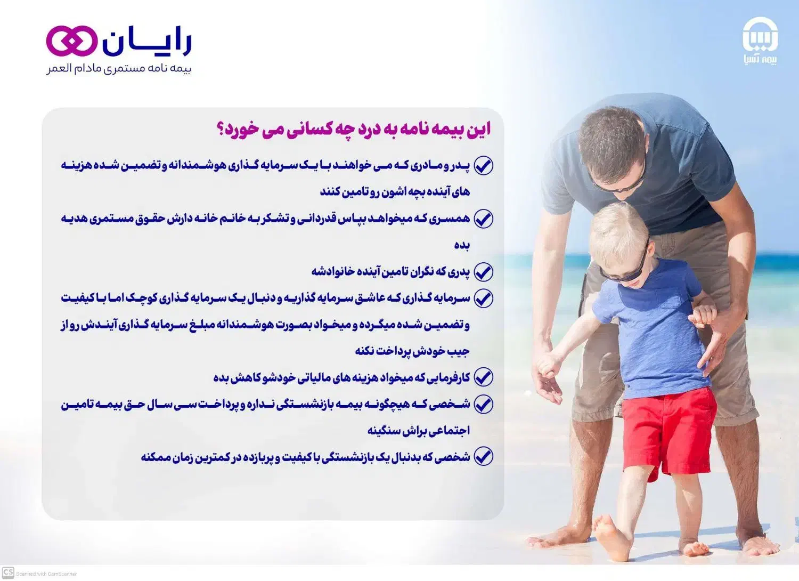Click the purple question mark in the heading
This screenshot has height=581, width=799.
(220, 130)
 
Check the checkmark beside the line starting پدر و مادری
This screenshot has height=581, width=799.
(483, 166)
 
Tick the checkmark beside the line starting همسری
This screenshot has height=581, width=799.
(483, 219)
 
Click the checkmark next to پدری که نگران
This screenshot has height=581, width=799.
(483, 272)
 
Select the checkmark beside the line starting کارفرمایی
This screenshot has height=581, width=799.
(483, 377)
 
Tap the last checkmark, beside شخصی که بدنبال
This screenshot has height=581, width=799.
(483, 457)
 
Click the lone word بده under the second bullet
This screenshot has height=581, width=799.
(462, 245)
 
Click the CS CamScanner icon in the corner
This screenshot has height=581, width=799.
(8, 573)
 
